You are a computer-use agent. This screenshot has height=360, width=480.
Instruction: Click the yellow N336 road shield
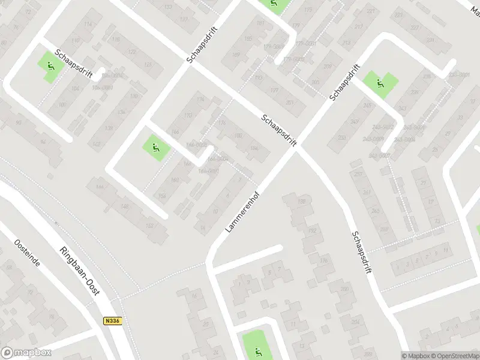(x=112, y=321)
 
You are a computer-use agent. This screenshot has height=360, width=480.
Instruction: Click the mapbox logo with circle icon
(x=26, y=353)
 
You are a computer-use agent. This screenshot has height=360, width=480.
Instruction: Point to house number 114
(x=89, y=24)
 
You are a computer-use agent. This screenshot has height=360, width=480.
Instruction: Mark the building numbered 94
(x=43, y=142)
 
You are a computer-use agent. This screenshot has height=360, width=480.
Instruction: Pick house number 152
(x=149, y=225)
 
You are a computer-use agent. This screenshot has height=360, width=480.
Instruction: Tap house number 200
(x=344, y=289)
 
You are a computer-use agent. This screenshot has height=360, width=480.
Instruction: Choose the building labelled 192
(x=311, y=230)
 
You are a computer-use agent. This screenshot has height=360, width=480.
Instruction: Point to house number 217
(x=358, y=27)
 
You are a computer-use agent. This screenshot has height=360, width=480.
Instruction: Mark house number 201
(x=290, y=102)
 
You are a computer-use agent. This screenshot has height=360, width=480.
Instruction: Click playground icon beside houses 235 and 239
(x=380, y=83)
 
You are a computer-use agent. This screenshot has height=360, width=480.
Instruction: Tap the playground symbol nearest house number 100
(x=51, y=67)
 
